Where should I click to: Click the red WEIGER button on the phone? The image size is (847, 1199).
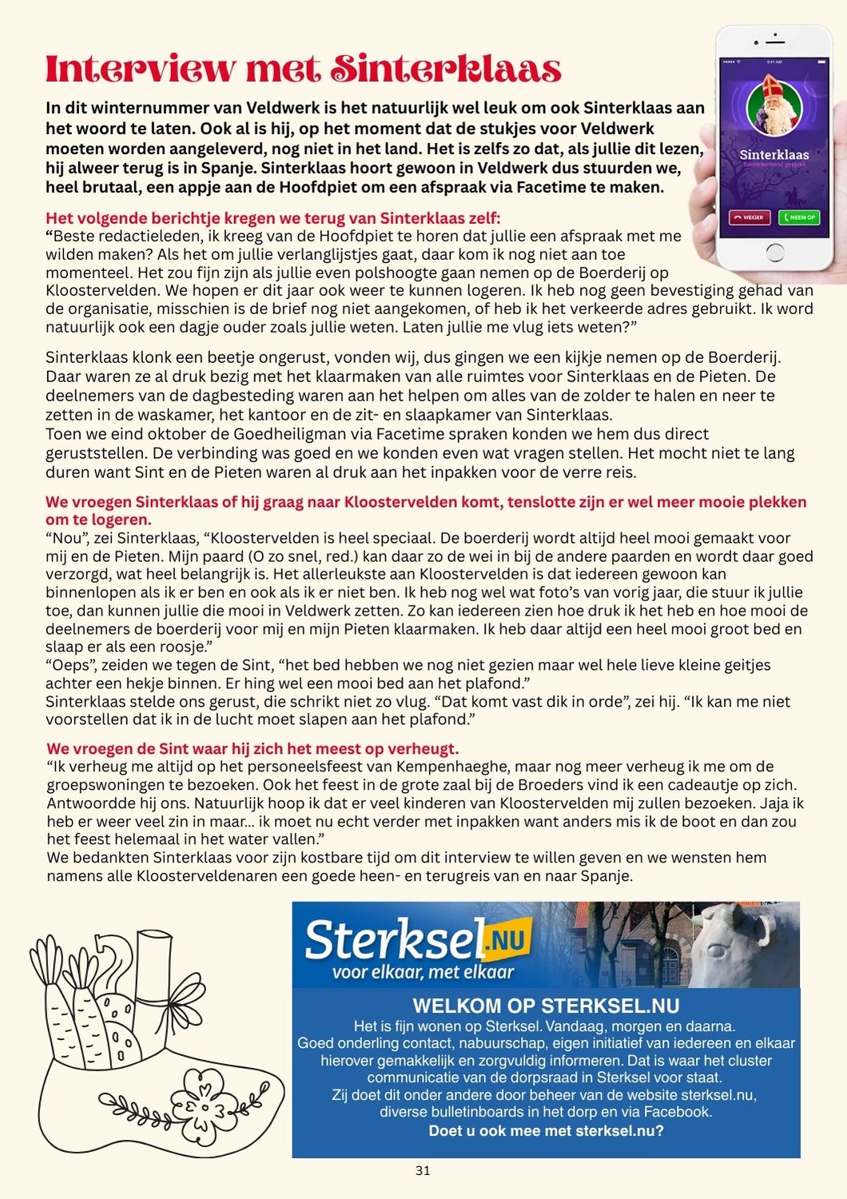[749, 217]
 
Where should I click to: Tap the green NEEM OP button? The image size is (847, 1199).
[799, 217]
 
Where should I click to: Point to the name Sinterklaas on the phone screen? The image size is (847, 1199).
[773, 154]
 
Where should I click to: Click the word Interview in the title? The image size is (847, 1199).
[141, 70]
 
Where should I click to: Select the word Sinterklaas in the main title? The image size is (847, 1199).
[446, 70]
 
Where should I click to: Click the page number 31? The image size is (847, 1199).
[423, 1171]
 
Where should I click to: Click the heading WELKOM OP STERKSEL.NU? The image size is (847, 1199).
[546, 1006]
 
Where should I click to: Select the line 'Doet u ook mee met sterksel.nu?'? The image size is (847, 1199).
[546, 1130]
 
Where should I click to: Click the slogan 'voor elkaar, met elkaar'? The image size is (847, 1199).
[423, 972]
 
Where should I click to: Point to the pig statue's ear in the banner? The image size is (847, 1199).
[765, 928]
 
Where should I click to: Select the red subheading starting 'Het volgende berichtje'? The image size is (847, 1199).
[272, 218]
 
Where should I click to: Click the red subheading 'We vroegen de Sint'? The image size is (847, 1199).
[253, 749]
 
